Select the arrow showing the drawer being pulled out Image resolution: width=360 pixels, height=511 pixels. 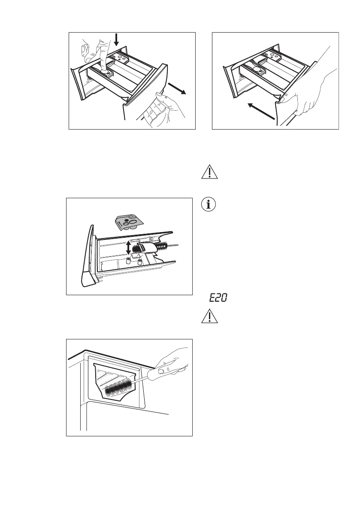177,88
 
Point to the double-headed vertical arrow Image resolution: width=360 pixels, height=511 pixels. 128,248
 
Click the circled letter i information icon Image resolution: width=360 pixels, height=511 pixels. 209,205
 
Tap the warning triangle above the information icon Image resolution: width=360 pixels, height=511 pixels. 209,172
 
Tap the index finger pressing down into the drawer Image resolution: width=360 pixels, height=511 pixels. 102,54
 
